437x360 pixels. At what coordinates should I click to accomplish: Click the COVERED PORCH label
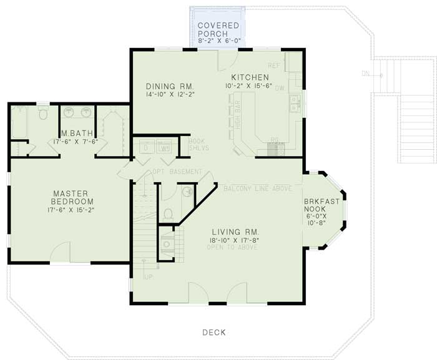click(x=218, y=29)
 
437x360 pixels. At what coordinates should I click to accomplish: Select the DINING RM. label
click(x=170, y=86)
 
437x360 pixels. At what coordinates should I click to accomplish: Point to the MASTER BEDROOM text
click(x=73, y=197)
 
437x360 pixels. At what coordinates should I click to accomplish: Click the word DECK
click(x=214, y=333)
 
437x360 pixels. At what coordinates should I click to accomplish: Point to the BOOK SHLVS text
click(x=199, y=145)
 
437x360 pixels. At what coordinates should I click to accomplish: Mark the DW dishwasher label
click(x=280, y=89)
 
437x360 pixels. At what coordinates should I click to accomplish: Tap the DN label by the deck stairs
click(x=365, y=74)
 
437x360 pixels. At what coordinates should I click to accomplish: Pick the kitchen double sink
click(x=293, y=107)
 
